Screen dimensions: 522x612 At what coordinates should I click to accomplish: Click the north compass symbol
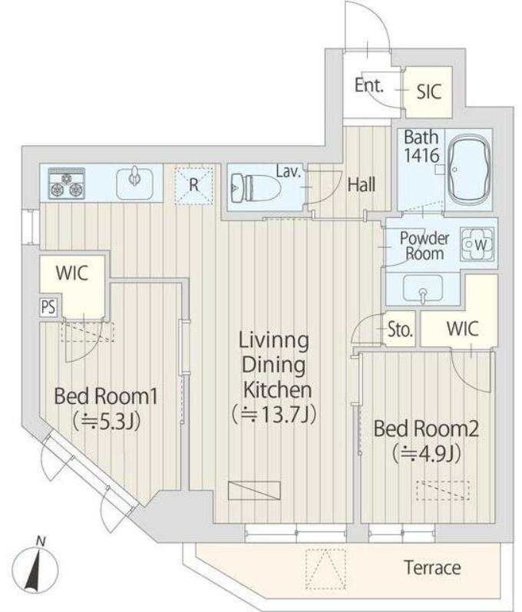click(35, 566)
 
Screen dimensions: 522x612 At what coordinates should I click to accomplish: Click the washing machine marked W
click(477, 245)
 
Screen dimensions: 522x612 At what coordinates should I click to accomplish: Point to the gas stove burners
click(66, 183)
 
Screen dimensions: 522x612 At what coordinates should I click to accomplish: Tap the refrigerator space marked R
click(194, 185)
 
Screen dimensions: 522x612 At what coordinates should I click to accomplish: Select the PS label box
click(48, 307)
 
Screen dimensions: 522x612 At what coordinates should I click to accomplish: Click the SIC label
click(429, 91)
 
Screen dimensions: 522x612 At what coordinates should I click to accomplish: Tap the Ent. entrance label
click(369, 85)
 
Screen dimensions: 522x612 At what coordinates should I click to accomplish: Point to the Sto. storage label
click(400, 330)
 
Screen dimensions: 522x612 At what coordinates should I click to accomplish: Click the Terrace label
click(432, 567)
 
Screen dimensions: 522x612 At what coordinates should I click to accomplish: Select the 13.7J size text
click(273, 415)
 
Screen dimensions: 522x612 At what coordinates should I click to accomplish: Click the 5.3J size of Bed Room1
click(106, 421)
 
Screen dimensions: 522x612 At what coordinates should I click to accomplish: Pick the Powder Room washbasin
click(422, 288)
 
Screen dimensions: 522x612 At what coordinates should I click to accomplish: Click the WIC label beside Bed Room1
click(72, 273)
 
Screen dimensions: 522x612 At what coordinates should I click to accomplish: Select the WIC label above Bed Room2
click(462, 329)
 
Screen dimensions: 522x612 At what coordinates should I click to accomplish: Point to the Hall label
click(362, 184)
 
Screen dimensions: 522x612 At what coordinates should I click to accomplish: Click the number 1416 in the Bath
click(421, 155)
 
